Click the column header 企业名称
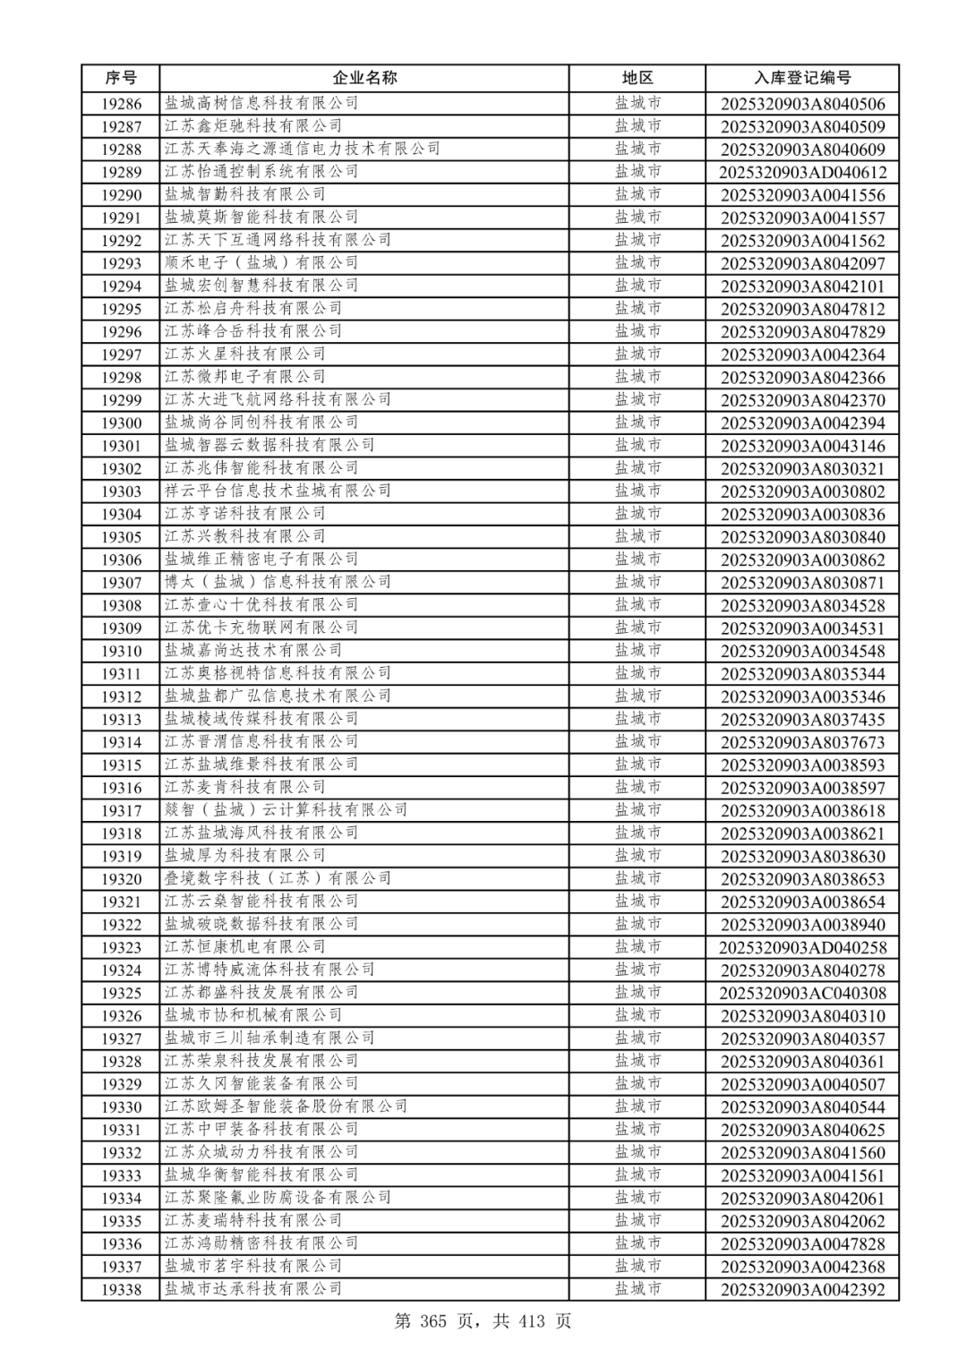point(364,78)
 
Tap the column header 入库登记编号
point(802,78)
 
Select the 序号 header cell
point(121,78)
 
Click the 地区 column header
point(638,78)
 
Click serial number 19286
point(121,104)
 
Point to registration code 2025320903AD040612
point(802,172)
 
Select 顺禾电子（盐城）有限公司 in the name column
point(261,262)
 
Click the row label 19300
point(121,423)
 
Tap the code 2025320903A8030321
point(802,468)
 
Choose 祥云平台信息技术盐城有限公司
point(278,491)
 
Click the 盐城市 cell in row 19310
point(638,651)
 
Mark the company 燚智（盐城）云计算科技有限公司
point(286,810)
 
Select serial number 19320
point(121,879)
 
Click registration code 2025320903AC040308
point(802,993)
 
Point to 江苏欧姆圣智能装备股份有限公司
point(286,1106)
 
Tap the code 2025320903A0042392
point(802,1289)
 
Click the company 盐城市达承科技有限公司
point(252,1289)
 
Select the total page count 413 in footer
point(531,1321)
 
